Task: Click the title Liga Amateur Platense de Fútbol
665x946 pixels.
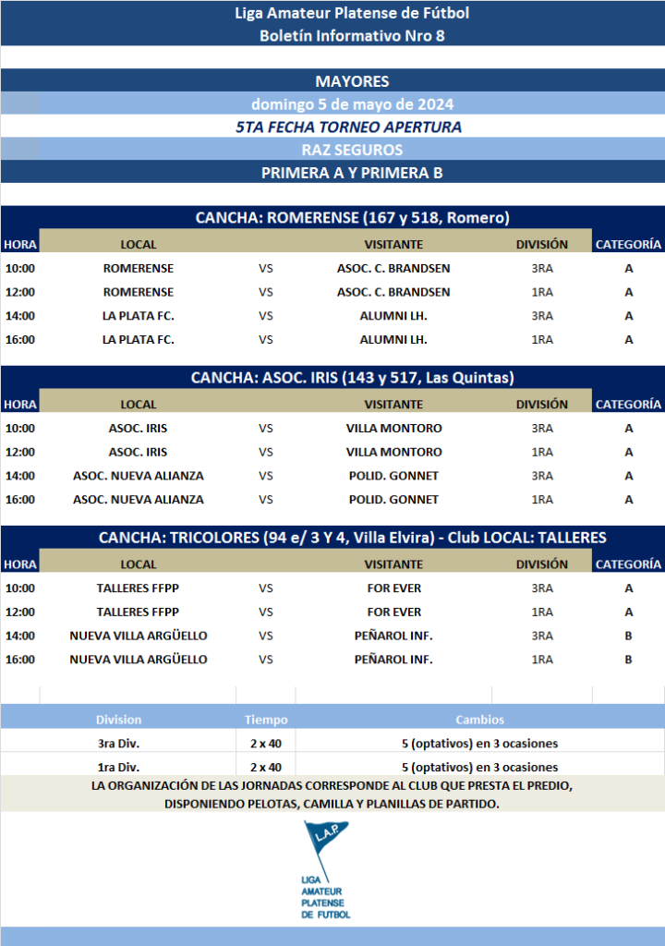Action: click(x=351, y=13)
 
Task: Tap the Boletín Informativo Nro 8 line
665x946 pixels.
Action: click(x=351, y=36)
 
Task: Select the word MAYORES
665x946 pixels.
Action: click(x=351, y=81)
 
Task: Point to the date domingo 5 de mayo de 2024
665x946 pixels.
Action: click(x=352, y=104)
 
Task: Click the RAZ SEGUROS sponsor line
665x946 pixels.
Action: click(x=352, y=150)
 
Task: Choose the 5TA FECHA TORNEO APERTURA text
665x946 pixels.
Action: click(x=349, y=127)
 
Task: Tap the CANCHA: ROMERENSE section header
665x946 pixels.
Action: click(x=352, y=218)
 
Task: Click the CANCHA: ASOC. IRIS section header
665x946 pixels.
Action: click(x=352, y=378)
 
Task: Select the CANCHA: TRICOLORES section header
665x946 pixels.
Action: click(x=352, y=538)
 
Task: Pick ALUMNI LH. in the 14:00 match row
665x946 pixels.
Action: click(x=393, y=316)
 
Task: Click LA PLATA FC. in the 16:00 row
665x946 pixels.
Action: click(x=139, y=339)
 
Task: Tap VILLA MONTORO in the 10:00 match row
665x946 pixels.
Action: click(x=393, y=429)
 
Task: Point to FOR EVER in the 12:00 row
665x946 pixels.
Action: click(x=393, y=612)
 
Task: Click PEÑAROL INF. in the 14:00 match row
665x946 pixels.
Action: click(x=393, y=636)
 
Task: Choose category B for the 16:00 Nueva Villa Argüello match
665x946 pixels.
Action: click(x=628, y=660)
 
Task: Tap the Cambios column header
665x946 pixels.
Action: click(x=479, y=720)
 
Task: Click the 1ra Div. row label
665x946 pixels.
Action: click(x=118, y=767)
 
